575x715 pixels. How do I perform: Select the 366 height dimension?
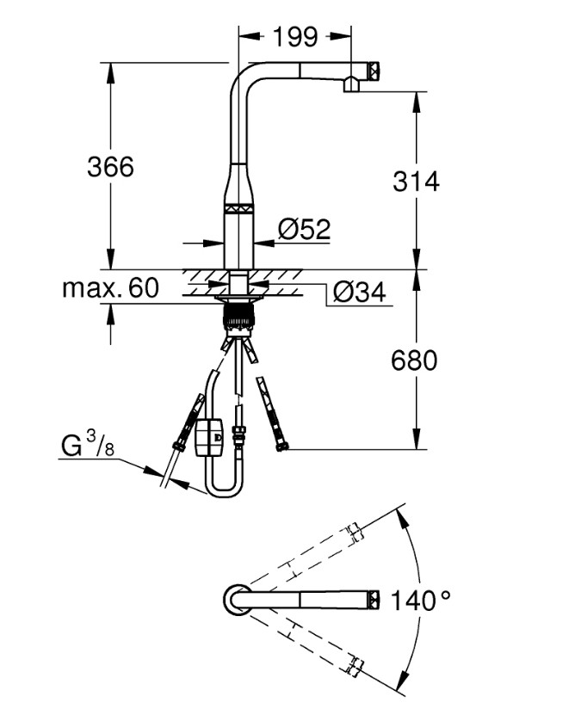pos(110,166)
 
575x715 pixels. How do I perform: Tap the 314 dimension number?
pos(416,182)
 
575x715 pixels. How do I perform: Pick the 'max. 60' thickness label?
pos(110,287)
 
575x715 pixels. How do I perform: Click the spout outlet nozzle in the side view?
pos(352,84)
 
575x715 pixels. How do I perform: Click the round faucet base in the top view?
pos(238,599)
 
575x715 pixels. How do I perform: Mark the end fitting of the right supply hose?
pos(280,446)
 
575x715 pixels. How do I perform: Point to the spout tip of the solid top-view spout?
pos(374,599)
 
